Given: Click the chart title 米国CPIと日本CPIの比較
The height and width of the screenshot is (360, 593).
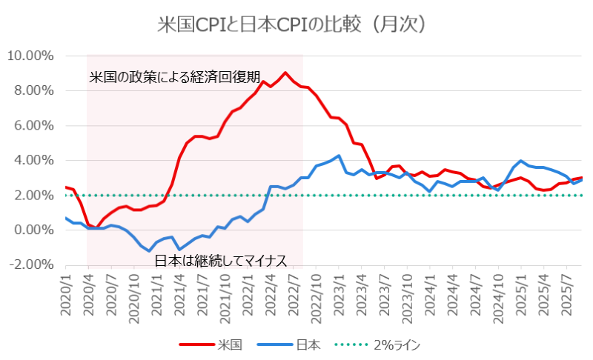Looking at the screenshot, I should (296, 24).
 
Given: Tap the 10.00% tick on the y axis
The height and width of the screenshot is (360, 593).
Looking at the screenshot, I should (30, 56).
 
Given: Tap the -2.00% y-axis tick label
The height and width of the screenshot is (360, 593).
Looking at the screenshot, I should (30, 264).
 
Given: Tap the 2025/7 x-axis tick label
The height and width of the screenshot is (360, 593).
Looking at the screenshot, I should (567, 297).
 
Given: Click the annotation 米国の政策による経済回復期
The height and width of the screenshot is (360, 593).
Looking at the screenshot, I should (175, 76).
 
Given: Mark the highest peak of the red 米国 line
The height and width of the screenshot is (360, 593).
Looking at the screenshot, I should (285, 73).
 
